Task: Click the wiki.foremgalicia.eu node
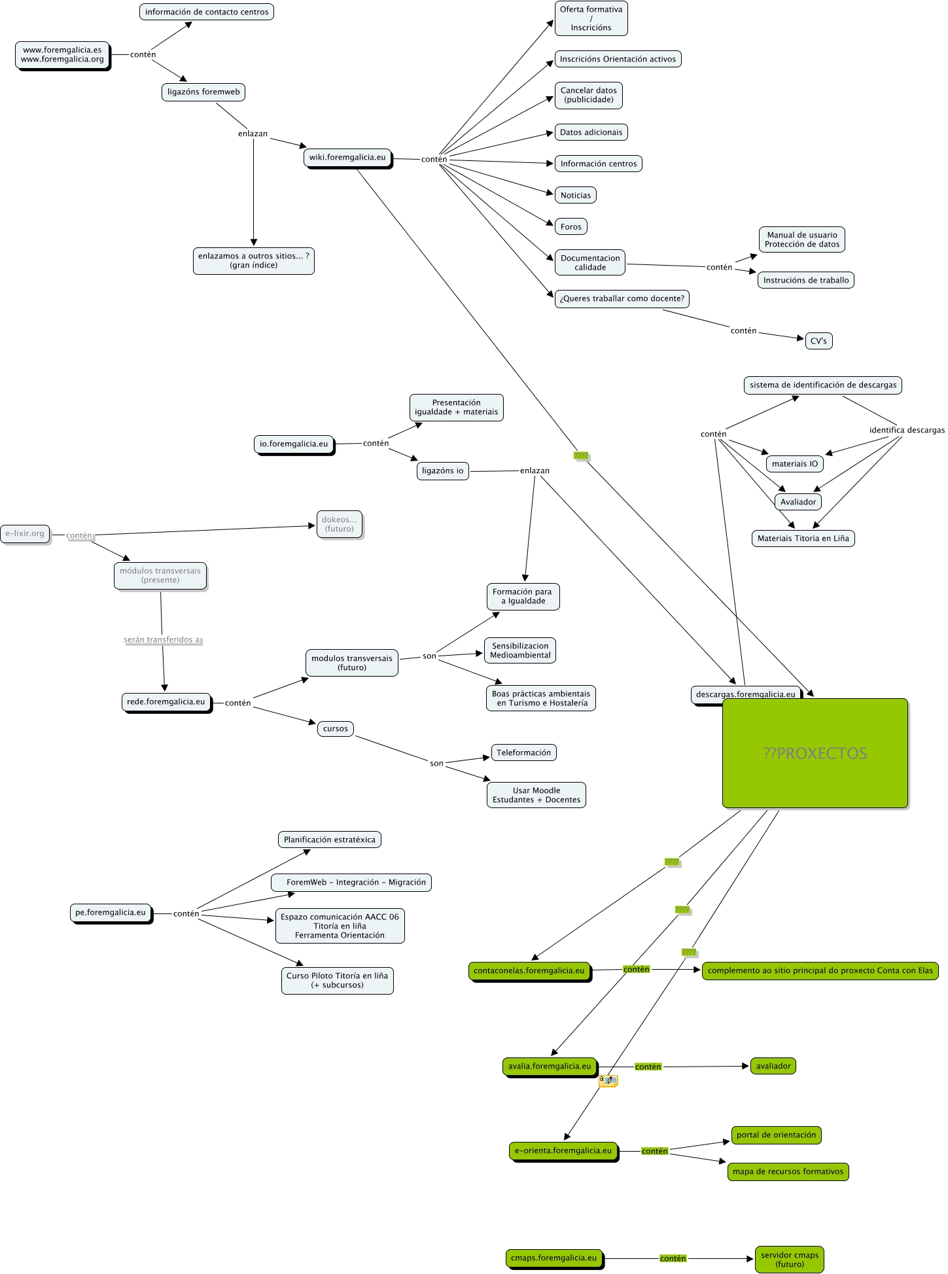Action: [347, 158]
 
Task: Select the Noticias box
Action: [576, 195]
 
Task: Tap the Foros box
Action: [571, 226]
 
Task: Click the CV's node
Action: [818, 341]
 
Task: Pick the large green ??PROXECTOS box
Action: [815, 753]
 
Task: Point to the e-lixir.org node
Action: [25, 534]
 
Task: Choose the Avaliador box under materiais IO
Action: [798, 502]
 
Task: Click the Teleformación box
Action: [523, 752]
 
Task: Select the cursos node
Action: [336, 729]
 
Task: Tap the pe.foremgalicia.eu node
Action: [111, 913]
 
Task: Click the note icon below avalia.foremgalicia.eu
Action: [608, 1081]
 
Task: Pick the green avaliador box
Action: [773, 1066]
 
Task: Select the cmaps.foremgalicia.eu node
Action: [553, 1258]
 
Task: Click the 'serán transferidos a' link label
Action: [162, 640]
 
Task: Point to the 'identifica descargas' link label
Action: [907, 430]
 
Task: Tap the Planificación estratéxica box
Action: [330, 840]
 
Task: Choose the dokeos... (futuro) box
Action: [340, 524]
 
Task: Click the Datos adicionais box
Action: [591, 132]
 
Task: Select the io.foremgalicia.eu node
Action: [294, 444]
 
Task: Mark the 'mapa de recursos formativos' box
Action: [788, 1171]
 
